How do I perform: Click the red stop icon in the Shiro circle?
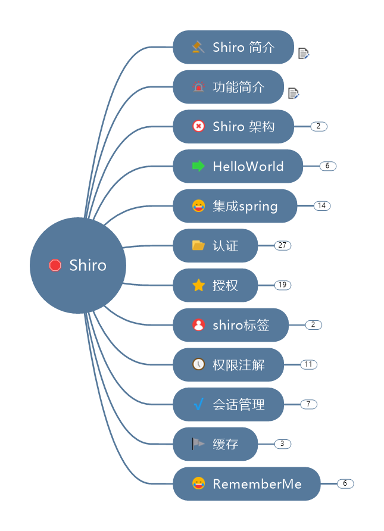click(55, 265)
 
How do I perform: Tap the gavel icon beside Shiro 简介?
click(198, 47)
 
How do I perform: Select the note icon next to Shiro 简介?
click(304, 54)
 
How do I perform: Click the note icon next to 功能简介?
click(293, 93)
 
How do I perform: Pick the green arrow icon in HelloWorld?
click(198, 166)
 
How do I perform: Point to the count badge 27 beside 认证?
click(282, 245)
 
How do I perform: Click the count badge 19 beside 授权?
click(282, 285)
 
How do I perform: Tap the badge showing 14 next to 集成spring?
click(321, 205)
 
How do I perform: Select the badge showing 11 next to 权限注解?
click(308, 364)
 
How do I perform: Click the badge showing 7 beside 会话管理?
click(308, 404)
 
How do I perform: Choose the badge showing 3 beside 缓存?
click(282, 443)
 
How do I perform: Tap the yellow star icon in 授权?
click(198, 286)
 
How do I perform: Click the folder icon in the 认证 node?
click(198, 245)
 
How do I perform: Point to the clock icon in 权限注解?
click(198, 364)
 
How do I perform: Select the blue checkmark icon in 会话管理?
click(198, 404)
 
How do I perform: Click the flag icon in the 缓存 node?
click(198, 443)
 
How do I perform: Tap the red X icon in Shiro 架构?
click(198, 126)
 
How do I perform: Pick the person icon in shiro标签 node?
click(198, 325)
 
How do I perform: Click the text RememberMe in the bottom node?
click(257, 484)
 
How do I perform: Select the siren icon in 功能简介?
click(198, 87)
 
